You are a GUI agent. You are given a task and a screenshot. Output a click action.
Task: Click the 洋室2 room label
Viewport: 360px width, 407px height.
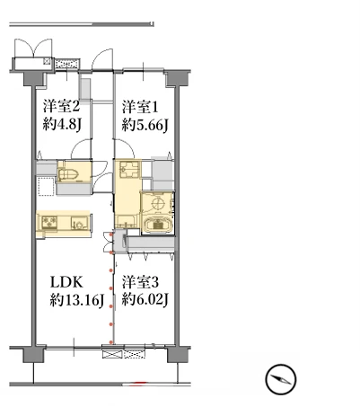tap(61, 107)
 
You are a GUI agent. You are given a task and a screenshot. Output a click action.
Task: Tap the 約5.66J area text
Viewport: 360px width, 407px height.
tap(145, 125)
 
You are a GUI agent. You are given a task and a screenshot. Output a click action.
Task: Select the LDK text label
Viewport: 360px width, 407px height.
tap(66, 282)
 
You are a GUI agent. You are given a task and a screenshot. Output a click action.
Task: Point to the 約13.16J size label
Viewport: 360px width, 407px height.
tap(76, 300)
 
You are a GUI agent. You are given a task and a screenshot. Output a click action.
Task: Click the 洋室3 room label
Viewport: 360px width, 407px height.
tap(140, 282)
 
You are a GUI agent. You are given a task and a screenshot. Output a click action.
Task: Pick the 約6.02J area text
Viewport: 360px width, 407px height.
tap(145, 300)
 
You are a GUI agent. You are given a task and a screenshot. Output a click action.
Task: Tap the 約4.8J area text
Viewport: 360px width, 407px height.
tap(62, 125)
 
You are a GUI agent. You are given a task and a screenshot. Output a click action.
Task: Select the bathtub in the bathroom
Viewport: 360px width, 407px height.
tap(157, 224)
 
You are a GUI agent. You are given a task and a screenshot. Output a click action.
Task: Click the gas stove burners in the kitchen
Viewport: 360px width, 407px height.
tap(49, 223)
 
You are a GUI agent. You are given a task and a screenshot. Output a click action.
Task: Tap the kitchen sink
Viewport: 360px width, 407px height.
tap(79, 224)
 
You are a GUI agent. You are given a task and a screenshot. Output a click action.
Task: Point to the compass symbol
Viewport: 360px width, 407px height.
tap(281, 379)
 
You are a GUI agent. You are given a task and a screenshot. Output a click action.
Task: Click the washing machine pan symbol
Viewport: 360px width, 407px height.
tap(129, 169)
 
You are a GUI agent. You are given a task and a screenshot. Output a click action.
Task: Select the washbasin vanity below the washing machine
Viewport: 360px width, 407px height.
tap(127, 221)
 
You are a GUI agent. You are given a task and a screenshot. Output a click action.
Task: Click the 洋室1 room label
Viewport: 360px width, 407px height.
tap(140, 107)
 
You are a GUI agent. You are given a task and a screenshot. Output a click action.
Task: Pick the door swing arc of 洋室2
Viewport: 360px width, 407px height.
tap(80, 147)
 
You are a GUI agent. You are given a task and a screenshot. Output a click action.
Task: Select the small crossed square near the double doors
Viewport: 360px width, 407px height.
tap(47, 61)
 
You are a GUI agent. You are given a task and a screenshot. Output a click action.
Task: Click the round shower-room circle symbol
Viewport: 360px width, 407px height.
tap(158, 204)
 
